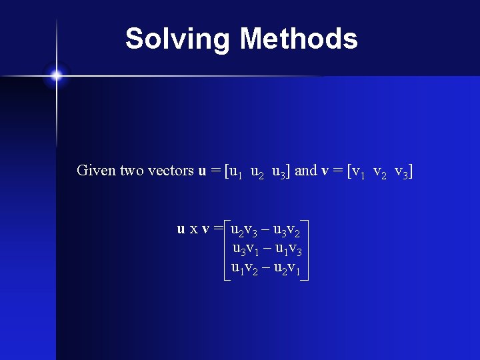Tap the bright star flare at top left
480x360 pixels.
(57, 75)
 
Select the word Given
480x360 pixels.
(96, 171)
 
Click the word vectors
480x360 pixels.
(169, 171)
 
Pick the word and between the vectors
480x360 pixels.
(305, 171)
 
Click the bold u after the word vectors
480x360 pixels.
(202, 171)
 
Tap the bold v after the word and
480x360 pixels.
(325, 171)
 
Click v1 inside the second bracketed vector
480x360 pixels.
(359, 171)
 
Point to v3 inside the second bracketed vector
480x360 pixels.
(402, 171)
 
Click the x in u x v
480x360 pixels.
(193, 230)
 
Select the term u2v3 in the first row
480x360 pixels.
(244, 231)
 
